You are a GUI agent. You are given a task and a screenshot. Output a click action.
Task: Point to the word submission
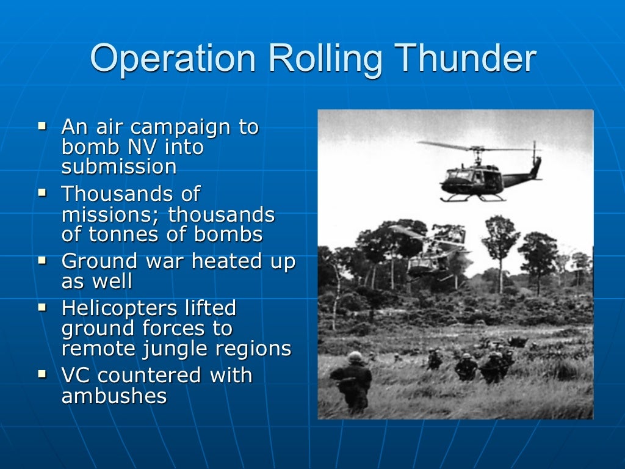coord(119,167)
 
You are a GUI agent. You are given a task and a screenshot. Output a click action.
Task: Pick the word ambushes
coord(114,396)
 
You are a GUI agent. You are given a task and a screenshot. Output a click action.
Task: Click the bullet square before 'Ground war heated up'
coord(43,260)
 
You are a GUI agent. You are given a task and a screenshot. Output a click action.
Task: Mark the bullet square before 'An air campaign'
coord(43,126)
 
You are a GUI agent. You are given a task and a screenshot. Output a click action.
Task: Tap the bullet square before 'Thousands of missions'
coord(43,193)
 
